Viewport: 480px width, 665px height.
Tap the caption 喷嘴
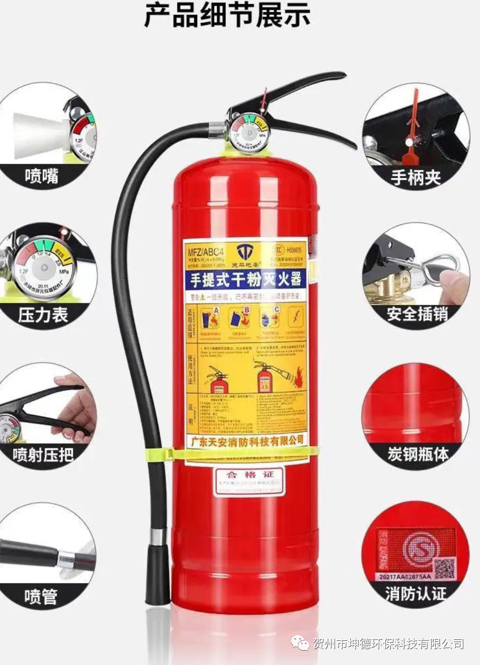point(42,176)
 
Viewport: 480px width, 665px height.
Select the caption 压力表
point(43,315)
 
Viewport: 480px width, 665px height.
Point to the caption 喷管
point(41,596)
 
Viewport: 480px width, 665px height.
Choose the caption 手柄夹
point(416,177)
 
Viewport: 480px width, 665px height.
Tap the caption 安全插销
point(417,314)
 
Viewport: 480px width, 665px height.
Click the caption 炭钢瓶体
point(417,454)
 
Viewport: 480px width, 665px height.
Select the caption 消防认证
point(416,593)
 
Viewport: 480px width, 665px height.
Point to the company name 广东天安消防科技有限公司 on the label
point(245,441)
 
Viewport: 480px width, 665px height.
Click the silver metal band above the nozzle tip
point(157,537)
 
